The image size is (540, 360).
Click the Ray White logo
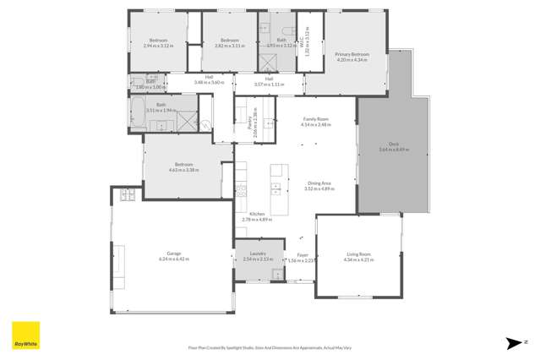click(x=24, y=336)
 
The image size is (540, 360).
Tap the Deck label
click(x=393, y=145)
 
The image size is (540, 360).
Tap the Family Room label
click(x=315, y=120)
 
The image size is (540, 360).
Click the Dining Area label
click(x=319, y=183)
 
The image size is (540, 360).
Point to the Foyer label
click(x=302, y=255)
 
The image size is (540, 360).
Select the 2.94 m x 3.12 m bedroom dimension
click(x=158, y=46)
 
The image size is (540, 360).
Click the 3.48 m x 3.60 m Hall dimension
click(x=207, y=83)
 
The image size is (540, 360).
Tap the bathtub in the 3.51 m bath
click(x=138, y=113)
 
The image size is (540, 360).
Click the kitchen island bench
click(x=275, y=179)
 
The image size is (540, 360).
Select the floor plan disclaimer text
click(x=270, y=346)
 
